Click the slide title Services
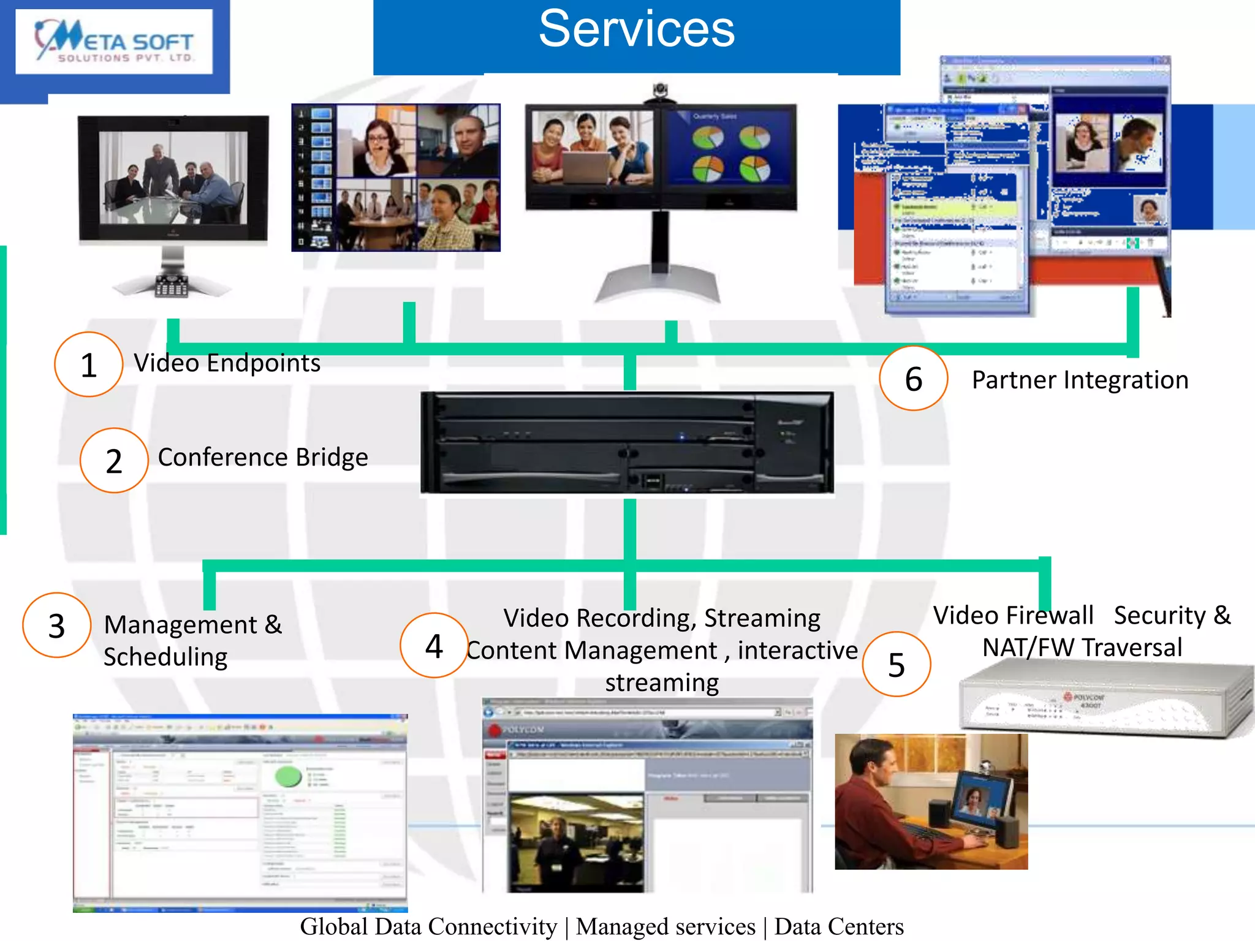tap(637, 29)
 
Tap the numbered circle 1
tap(89, 365)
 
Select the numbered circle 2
tap(114, 461)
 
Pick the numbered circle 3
tap(56, 625)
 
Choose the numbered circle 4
tap(434, 646)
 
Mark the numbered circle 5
tap(896, 665)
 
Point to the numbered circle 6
tap(913, 379)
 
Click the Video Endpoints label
tap(227, 363)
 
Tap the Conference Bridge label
tap(263, 457)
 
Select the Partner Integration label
tap(1080, 380)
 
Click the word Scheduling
tap(165, 657)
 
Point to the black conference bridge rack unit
tap(626, 443)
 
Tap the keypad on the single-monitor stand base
tap(172, 286)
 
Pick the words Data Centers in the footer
tap(839, 926)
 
